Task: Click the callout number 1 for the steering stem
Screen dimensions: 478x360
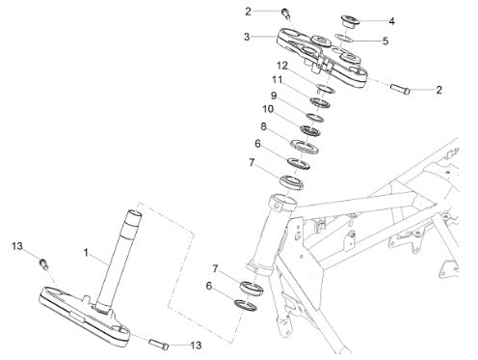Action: pos(86,253)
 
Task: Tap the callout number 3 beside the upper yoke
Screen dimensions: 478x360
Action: pos(247,37)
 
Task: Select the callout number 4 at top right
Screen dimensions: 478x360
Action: pos(391,21)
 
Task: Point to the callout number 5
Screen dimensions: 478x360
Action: pos(385,42)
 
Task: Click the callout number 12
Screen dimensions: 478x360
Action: pos(282,66)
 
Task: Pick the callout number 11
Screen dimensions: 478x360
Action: pos(277,79)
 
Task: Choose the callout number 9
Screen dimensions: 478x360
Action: pos(274,96)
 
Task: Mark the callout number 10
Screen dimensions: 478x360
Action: pos(268,109)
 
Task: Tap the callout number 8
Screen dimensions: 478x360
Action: pos(263,126)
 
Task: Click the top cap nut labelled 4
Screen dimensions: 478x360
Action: pos(350,21)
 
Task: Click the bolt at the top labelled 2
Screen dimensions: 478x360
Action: pos(285,14)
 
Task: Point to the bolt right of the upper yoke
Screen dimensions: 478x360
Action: pos(400,89)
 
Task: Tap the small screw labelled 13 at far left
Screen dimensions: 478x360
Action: pos(43,263)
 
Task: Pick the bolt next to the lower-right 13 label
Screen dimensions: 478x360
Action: pos(159,344)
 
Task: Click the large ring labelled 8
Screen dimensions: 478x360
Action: pos(304,147)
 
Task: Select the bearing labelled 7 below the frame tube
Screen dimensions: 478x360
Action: pos(252,288)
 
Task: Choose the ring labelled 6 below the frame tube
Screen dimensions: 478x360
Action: pos(246,305)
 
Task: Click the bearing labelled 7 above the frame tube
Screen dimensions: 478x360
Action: pos(291,182)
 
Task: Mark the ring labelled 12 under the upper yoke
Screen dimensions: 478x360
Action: pos(326,89)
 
